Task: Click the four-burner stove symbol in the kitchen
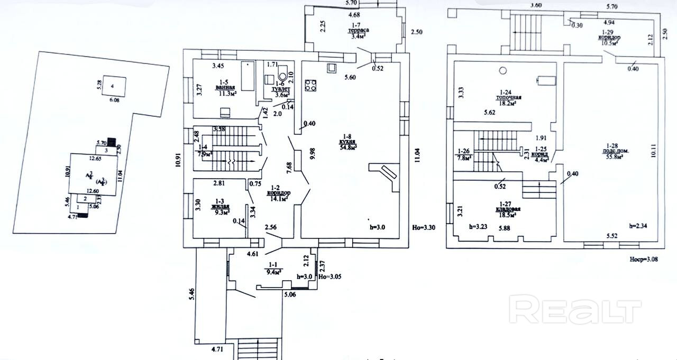click(310, 86)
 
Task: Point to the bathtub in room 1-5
click(248, 77)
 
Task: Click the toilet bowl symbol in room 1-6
click(282, 69)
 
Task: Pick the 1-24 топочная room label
click(509, 98)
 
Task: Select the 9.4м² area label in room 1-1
click(273, 272)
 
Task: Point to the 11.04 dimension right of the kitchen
click(417, 155)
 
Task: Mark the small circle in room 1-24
click(503, 70)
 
